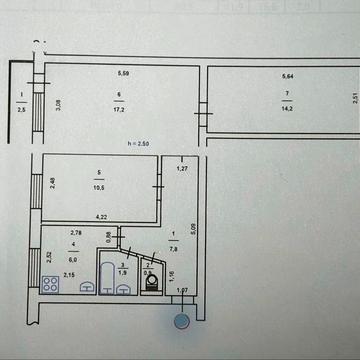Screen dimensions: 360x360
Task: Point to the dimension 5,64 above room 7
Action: [288, 77]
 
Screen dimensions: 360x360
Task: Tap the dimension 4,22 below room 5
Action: [101, 216]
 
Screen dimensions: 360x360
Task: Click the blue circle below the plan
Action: [181, 321]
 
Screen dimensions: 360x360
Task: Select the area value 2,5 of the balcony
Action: [21, 110]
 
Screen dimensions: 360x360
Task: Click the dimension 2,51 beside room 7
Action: [354, 97]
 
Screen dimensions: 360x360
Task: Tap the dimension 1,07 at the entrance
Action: [182, 291]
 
